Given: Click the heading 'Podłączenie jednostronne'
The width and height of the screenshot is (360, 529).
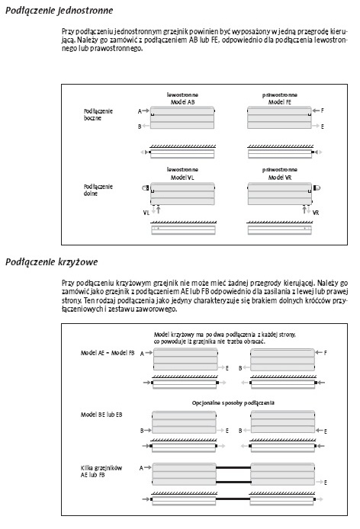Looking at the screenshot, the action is [x=59, y=11].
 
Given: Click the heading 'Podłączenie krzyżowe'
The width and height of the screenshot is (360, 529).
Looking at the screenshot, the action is [x=51, y=262].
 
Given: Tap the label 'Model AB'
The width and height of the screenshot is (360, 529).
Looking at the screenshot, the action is [x=183, y=102].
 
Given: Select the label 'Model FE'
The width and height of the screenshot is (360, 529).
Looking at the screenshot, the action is [x=280, y=102].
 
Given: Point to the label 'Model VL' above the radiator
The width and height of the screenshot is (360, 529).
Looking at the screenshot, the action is [x=182, y=178].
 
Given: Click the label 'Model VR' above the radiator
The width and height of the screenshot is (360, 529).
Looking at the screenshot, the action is [x=280, y=178].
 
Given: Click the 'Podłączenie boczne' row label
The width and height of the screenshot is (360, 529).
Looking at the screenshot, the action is [x=98, y=114].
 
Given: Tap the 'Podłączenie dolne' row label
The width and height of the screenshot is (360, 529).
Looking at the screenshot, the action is [x=98, y=190].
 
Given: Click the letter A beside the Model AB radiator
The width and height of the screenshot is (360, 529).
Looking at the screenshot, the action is [x=140, y=111].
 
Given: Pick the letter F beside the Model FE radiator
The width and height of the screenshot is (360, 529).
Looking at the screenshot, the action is [x=323, y=111].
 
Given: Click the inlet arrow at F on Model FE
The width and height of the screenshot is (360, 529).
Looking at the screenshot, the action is [x=316, y=111].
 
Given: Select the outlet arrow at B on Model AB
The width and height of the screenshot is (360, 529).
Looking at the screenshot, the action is [x=146, y=126].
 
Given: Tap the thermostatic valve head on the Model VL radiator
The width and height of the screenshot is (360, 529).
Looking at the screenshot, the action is [x=145, y=188].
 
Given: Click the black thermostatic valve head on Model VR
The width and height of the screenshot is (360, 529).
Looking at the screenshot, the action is [x=317, y=188].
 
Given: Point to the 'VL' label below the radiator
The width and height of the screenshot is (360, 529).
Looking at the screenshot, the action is [x=146, y=213].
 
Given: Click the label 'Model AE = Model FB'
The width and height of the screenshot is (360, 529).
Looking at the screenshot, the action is [x=108, y=353].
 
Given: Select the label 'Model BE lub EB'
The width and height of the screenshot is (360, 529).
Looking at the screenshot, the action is [x=101, y=415].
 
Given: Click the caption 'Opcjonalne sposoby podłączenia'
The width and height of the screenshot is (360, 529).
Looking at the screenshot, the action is [x=233, y=402].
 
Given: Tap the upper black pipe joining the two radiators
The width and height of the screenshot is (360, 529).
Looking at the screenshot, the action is [x=233, y=467].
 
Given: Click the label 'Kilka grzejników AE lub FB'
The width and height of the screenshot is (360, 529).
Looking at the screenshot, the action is [x=101, y=471].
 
